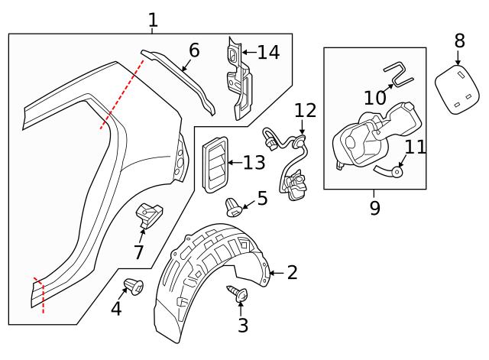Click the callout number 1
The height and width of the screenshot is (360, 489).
click(x=153, y=20)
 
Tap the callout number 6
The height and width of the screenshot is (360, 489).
click(x=194, y=50)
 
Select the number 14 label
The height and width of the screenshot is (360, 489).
click(x=268, y=53)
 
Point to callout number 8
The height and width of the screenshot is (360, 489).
click(x=459, y=40)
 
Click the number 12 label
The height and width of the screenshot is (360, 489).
click(x=305, y=110)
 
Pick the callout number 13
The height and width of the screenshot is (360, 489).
click(x=254, y=162)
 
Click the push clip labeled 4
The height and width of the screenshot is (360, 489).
click(x=134, y=288)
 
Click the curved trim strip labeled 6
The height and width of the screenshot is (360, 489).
click(x=183, y=76)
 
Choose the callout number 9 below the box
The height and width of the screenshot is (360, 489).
click(x=374, y=208)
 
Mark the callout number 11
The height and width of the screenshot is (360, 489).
click(x=415, y=147)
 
